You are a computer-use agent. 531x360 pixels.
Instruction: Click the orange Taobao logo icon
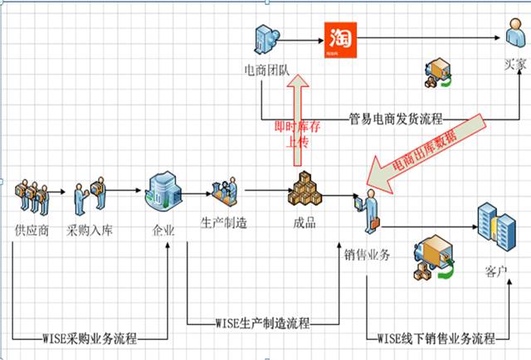click(338, 40)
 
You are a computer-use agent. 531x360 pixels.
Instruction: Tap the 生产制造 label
click(222, 223)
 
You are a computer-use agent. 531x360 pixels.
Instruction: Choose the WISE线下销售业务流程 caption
click(436, 338)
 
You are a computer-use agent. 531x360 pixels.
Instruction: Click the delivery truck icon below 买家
click(439, 75)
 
